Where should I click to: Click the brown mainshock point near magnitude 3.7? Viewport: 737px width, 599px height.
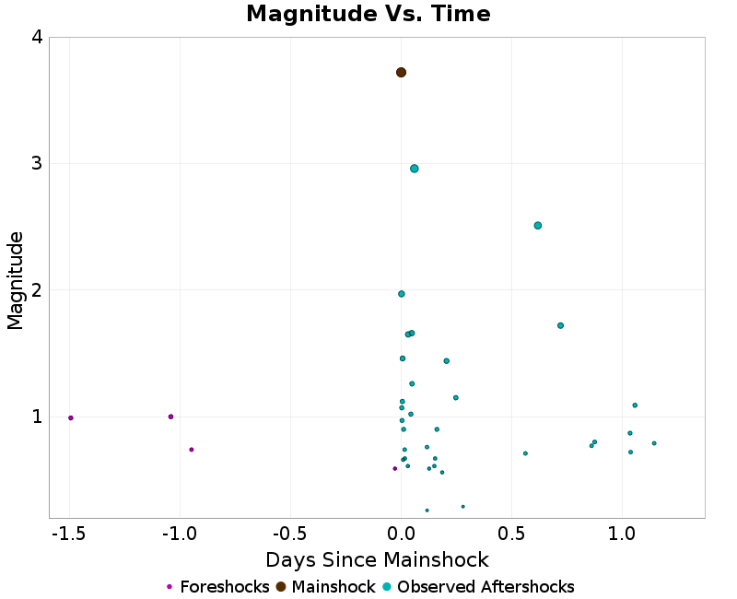pos(401,72)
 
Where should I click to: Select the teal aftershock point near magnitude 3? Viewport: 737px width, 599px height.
pos(415,169)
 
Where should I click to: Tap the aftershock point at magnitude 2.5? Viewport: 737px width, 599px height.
pos(538,226)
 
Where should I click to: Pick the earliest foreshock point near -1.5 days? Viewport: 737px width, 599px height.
pos(71,417)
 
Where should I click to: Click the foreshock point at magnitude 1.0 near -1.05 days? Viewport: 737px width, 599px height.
pos(171,417)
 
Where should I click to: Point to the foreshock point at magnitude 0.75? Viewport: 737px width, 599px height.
pos(192,450)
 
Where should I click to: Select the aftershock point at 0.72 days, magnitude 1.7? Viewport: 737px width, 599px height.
pos(560,325)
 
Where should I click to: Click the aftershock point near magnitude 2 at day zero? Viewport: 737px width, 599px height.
pos(402,294)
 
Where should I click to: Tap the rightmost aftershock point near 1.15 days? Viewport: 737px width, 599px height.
pos(654,443)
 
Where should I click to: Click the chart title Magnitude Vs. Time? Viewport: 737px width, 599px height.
pos(368,15)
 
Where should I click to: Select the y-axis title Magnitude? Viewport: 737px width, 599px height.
pos(16,280)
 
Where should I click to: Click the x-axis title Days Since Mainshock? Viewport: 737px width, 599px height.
pos(377,559)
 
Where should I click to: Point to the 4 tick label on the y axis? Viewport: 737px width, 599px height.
pos(37,38)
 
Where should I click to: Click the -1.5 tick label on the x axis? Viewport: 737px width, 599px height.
pos(69,534)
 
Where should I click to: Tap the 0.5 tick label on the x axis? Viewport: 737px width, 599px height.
pos(511,534)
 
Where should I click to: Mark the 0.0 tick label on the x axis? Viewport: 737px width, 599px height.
pos(402,534)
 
